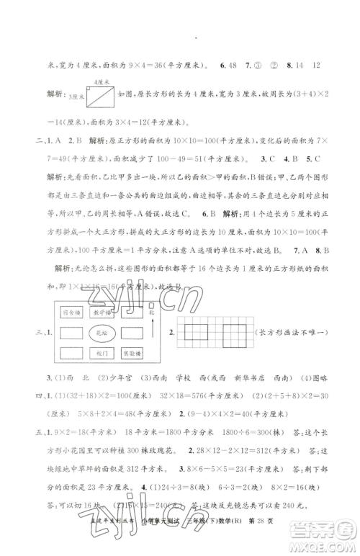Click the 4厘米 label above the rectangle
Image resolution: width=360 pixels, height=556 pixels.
tap(101, 83)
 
